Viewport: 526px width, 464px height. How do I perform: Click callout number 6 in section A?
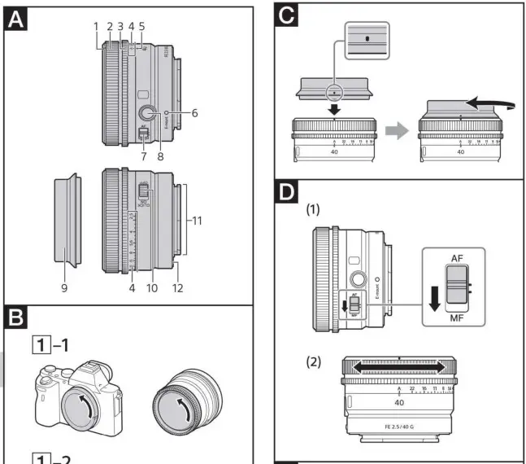pos(195,112)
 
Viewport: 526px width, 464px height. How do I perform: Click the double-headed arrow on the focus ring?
pos(398,367)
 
